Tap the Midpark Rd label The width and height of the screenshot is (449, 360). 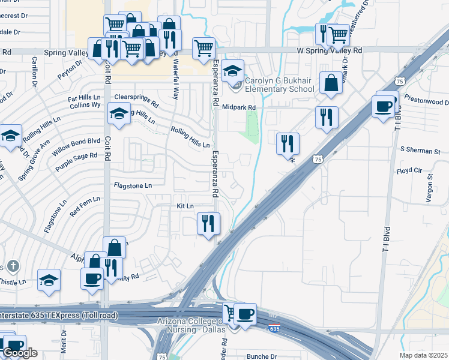click(239, 107)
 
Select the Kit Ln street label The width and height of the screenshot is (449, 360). click(185, 206)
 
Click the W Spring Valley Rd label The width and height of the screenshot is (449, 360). click(330, 52)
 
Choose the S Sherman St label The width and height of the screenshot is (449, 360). click(420, 149)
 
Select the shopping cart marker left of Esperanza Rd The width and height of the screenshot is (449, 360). click(203, 47)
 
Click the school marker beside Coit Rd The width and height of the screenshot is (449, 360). click(119, 113)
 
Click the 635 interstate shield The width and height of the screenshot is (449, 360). click(274, 328)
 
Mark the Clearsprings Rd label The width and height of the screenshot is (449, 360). click(136, 99)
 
